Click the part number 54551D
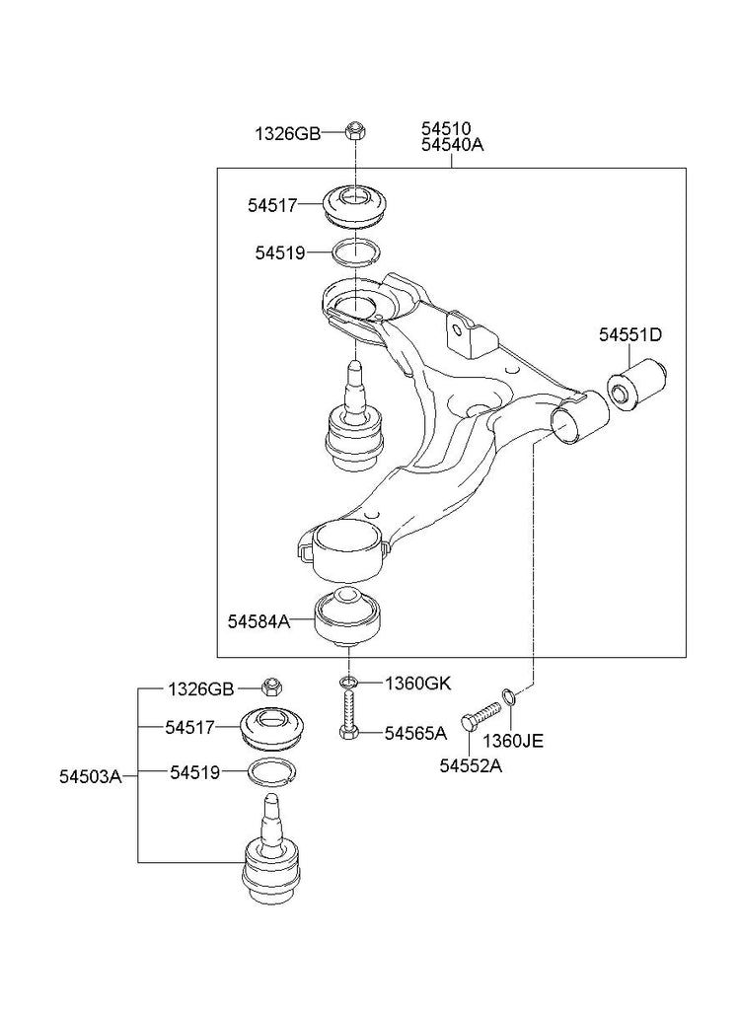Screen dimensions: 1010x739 pyautogui.click(x=628, y=335)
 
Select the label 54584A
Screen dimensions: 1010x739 pyautogui.click(x=259, y=621)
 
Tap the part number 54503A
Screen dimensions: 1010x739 pyautogui.click(x=90, y=776)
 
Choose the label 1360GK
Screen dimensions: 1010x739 pyautogui.click(x=417, y=683)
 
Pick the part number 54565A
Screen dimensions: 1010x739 pyautogui.click(x=415, y=733)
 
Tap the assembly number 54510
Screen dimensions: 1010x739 pyautogui.click(x=446, y=128)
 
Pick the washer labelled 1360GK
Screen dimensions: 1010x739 pyautogui.click(x=346, y=683)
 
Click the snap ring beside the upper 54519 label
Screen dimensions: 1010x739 pyautogui.click(x=353, y=252)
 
